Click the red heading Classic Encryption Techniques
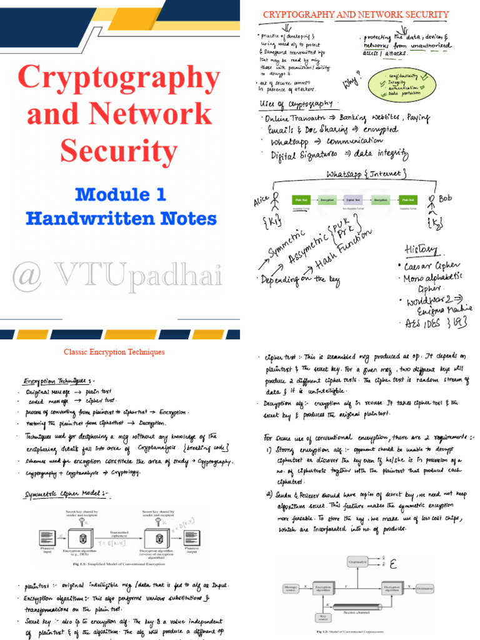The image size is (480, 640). coord(114,352)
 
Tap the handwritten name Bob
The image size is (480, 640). coord(444,199)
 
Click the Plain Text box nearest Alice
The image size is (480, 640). coord(301,201)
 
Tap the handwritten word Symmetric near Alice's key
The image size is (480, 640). coord(287,242)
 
